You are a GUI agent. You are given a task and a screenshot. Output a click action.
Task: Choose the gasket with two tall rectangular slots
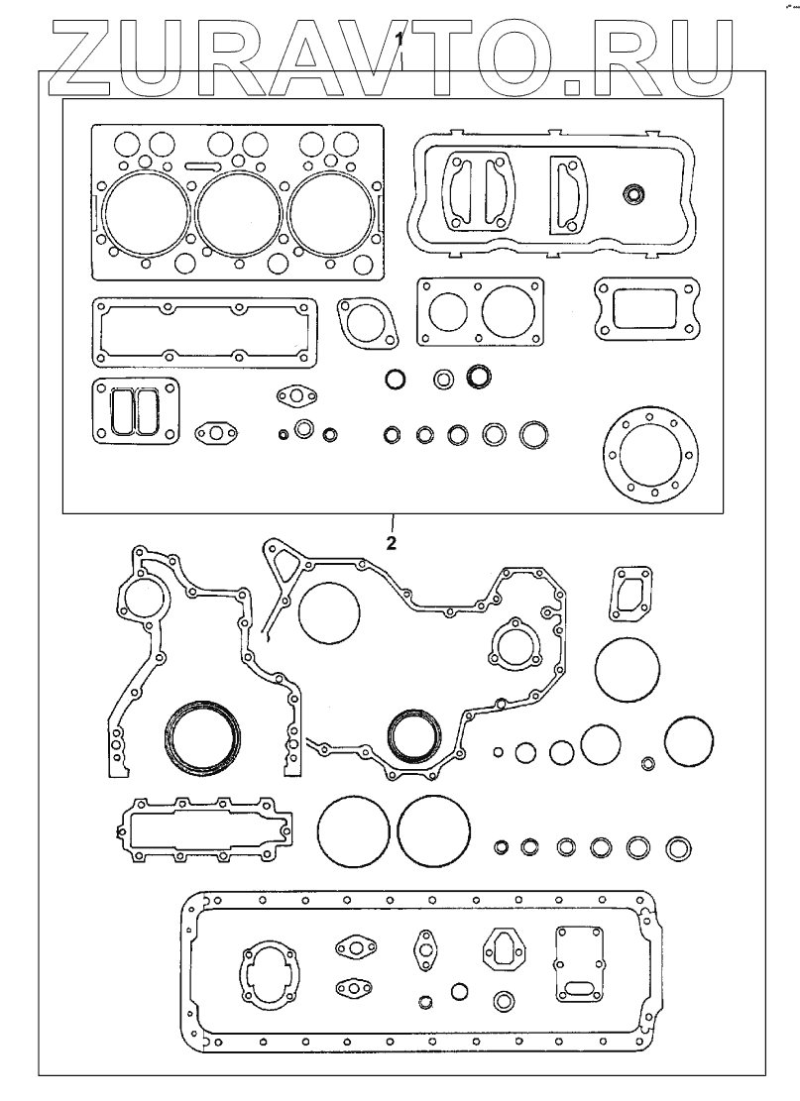click(135, 410)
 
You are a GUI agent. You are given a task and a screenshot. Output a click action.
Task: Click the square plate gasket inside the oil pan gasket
click(581, 958)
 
